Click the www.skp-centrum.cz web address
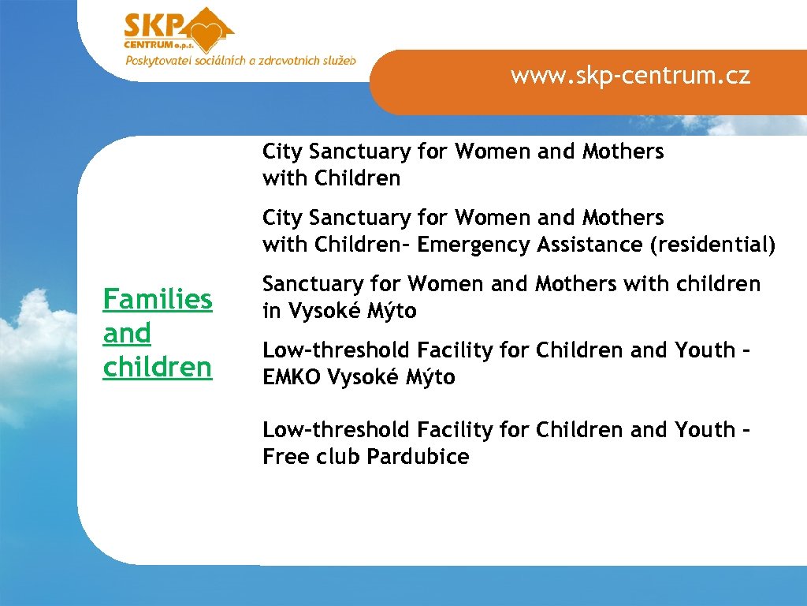[x=630, y=76]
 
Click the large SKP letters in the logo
[x=154, y=27]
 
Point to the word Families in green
[x=158, y=300]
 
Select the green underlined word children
[x=158, y=368]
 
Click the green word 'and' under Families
[x=127, y=334]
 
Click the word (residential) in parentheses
[x=712, y=245]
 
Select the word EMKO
[x=292, y=378]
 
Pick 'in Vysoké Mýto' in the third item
[x=340, y=312]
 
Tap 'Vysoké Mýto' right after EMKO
[x=391, y=378]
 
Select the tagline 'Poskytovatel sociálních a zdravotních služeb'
[x=240, y=61]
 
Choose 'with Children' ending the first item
[x=331, y=179]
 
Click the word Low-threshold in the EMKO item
[x=337, y=350]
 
